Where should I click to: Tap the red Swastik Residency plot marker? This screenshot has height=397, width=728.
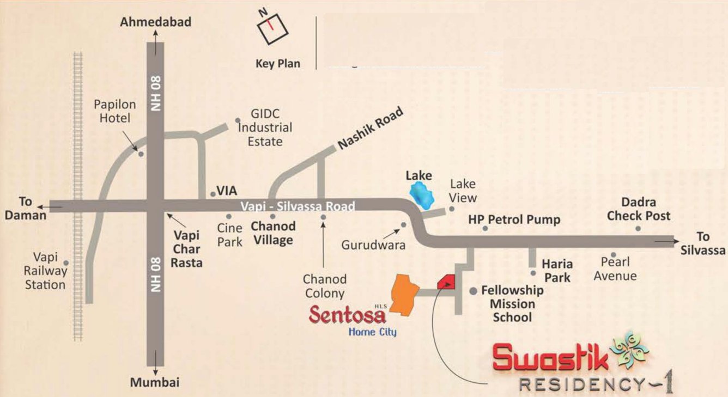point(446,283)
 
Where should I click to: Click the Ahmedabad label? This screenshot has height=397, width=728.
point(156,22)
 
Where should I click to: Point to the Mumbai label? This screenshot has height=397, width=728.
point(155,382)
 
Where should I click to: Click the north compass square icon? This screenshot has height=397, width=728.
point(272,29)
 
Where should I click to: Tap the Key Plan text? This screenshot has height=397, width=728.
point(278,64)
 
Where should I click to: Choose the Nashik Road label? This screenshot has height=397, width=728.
point(371,129)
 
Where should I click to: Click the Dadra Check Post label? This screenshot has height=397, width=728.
point(639,209)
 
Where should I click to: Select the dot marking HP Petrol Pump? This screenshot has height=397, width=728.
point(485,229)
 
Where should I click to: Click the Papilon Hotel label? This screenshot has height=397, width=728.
point(112,111)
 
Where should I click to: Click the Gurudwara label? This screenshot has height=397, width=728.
point(373,245)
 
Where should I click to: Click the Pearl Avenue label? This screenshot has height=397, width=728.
point(615,269)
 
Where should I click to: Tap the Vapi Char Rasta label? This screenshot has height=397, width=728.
point(187,249)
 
